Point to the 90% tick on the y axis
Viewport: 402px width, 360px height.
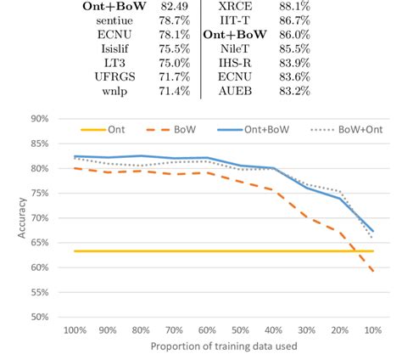(x=38, y=119)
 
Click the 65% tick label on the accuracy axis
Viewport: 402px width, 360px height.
(x=38, y=243)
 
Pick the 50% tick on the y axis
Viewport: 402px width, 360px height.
(x=38, y=318)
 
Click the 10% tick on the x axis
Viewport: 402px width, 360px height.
(x=371, y=330)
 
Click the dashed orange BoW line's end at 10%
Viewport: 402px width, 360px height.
(x=372, y=272)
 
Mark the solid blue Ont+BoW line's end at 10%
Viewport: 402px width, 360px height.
(x=372, y=231)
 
